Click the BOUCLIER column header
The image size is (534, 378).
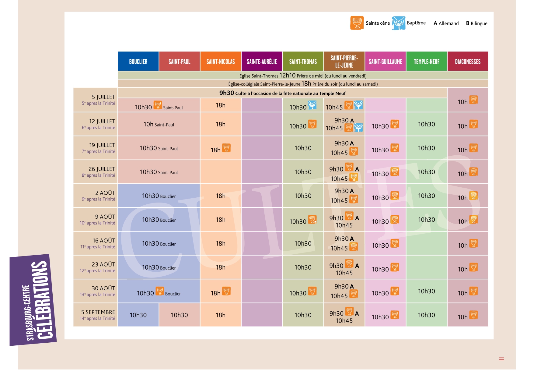coord(138,61)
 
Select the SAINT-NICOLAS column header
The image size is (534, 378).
coord(221,61)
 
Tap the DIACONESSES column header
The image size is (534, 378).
coord(468,61)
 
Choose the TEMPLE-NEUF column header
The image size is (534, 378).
coord(427,61)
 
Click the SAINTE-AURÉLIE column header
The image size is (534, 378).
coord(262,61)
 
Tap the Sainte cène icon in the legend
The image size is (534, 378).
coord(357,23)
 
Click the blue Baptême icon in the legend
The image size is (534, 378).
coord(399,23)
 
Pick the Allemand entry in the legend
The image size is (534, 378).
coord(446,23)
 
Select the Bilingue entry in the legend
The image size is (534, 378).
coord(476,23)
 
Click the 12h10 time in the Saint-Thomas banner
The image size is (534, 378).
coord(287,75)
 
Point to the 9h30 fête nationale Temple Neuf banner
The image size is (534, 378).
coord(282,93)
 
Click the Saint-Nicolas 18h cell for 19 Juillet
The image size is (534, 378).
coord(221,148)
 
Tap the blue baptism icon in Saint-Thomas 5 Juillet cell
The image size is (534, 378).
coord(312,105)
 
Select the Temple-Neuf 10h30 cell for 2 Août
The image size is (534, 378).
coord(427,196)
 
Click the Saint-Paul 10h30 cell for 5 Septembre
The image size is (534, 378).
coord(179,315)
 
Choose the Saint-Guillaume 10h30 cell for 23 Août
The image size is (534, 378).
coord(385,267)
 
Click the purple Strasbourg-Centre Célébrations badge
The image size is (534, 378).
coord(33,300)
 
